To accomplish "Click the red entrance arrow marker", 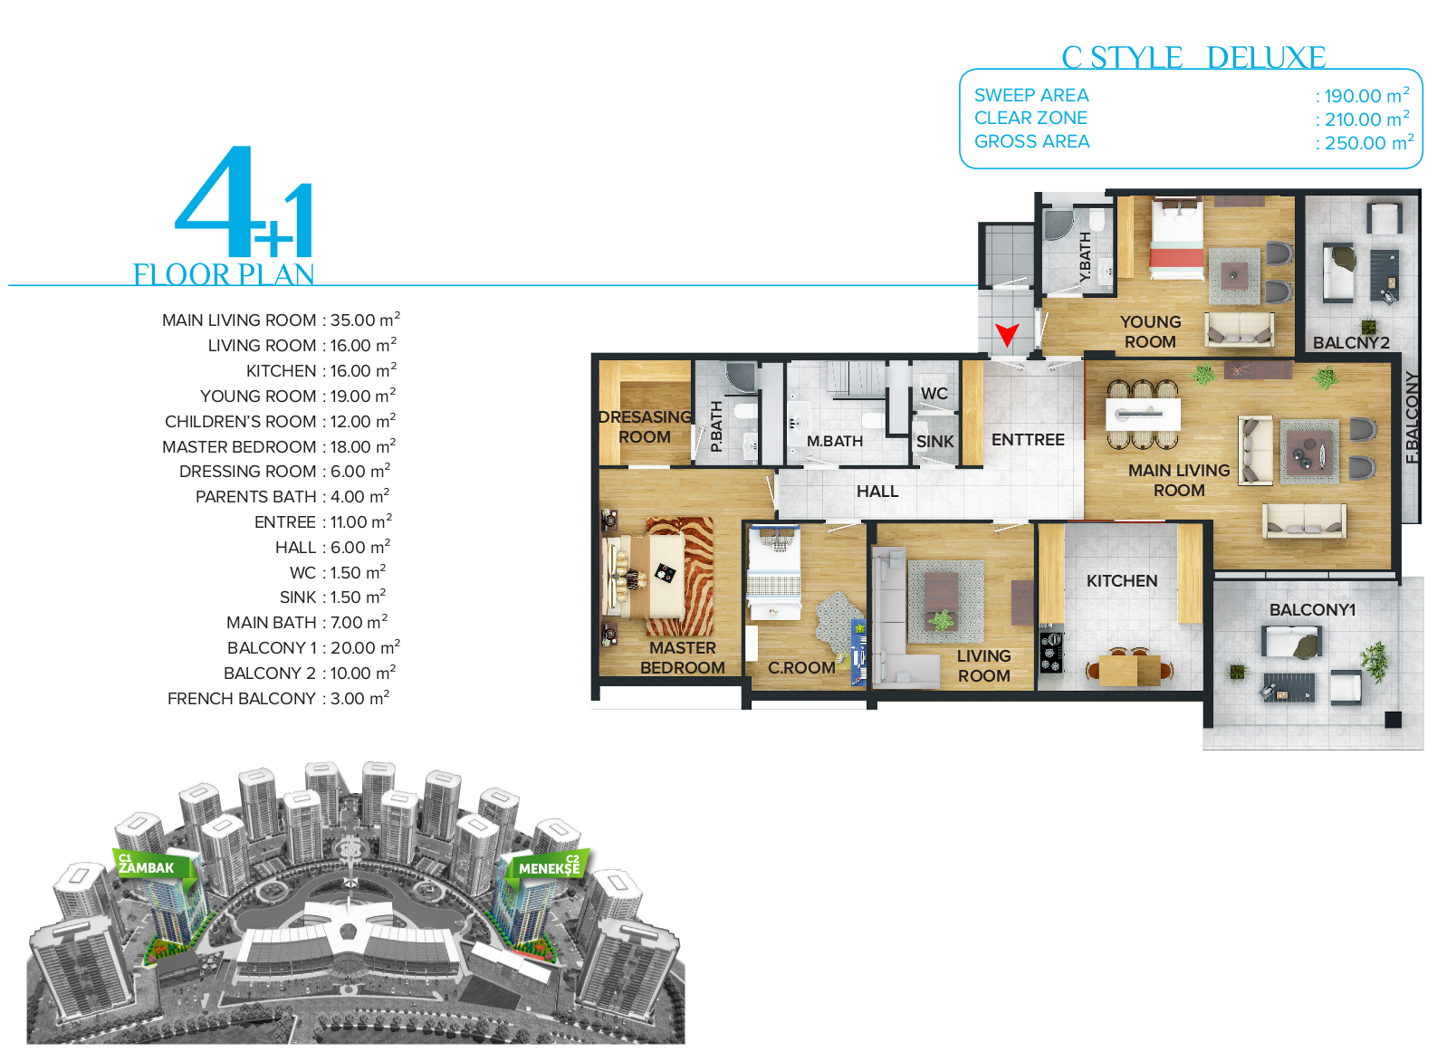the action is tap(1007, 334).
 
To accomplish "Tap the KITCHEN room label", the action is tap(1121, 581).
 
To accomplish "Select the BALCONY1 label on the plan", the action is tap(1312, 609).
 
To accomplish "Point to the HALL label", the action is tap(877, 492).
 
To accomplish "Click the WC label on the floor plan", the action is tap(934, 393).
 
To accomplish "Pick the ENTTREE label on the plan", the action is tap(1028, 439).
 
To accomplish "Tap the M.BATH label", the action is tap(835, 441).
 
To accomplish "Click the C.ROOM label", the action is tap(801, 667).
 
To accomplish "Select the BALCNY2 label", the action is tap(1350, 342).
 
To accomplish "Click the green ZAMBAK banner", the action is tap(153, 867).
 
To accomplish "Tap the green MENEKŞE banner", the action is tap(549, 867).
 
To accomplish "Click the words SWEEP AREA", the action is tap(1031, 95).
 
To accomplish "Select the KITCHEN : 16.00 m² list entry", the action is tap(321, 370).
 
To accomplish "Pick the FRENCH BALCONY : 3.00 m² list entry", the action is tap(278, 698).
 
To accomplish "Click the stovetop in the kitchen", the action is tap(1050, 652).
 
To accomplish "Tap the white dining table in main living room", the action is tap(1143, 415).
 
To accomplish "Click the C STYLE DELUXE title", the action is tap(1193, 58).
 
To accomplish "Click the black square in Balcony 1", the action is tap(1392, 720).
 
